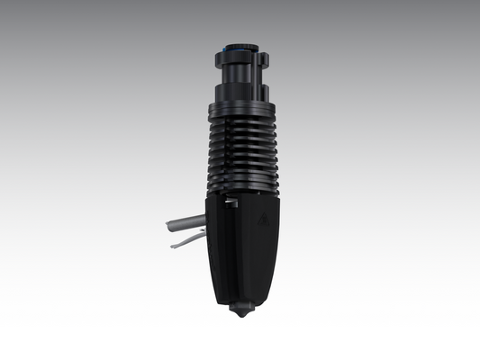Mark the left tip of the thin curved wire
pyautogui.click(x=170, y=244)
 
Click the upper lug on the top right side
pyautogui.click(x=264, y=58)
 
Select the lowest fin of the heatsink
pyautogui.click(x=240, y=187)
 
